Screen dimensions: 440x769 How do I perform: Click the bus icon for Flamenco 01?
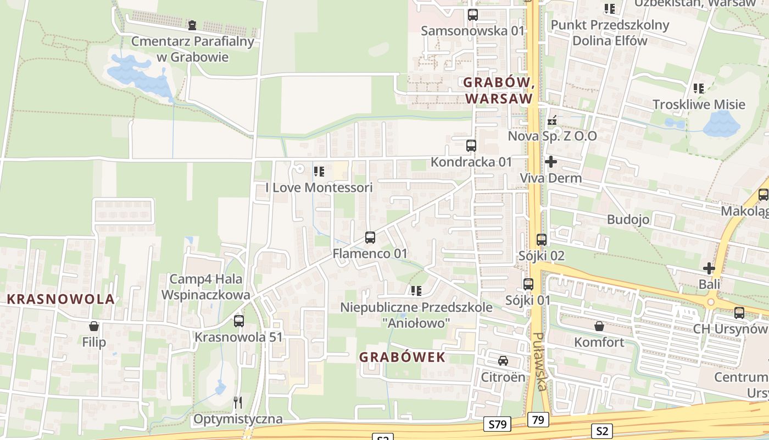370,238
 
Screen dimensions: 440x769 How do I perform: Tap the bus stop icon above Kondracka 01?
471,146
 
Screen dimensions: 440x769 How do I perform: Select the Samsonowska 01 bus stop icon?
472,15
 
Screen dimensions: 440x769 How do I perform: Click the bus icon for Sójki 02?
542,240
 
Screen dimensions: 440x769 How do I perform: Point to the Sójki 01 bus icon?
528,284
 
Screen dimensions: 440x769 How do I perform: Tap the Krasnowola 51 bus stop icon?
239,321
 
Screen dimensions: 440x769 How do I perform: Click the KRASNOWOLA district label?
61,299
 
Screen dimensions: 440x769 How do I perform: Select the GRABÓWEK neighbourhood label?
402,358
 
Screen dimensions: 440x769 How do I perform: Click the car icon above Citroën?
503,361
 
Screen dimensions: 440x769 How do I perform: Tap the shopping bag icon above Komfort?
599,326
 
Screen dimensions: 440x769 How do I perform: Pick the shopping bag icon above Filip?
94,326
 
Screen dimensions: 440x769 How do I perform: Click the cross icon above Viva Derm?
550,162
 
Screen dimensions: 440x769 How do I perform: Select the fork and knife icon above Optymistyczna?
238,403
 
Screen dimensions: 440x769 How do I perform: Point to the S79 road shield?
497,424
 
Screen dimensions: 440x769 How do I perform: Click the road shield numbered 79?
538,420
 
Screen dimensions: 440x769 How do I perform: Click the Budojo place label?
628,219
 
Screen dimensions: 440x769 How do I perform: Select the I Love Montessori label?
319,188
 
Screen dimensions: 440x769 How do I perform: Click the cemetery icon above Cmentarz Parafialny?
192,25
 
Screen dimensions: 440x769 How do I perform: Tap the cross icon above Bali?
709,268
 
